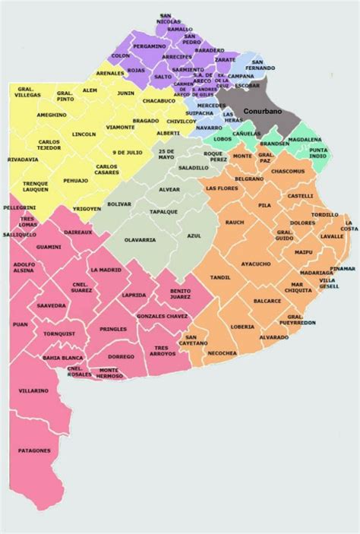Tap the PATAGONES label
[x=36, y=450]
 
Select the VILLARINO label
[x=34, y=390]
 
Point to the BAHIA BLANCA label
[x=63, y=357]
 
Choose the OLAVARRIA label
[x=141, y=240]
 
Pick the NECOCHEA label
[x=222, y=353]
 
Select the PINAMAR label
[x=343, y=268]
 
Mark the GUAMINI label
[x=49, y=247]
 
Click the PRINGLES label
[x=112, y=329]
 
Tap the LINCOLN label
[x=84, y=134]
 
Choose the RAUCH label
[x=235, y=223]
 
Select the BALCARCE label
[x=267, y=301]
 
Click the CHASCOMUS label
[x=288, y=171]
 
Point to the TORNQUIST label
[x=58, y=333]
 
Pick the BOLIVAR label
[x=119, y=204]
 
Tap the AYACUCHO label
[x=255, y=264]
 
